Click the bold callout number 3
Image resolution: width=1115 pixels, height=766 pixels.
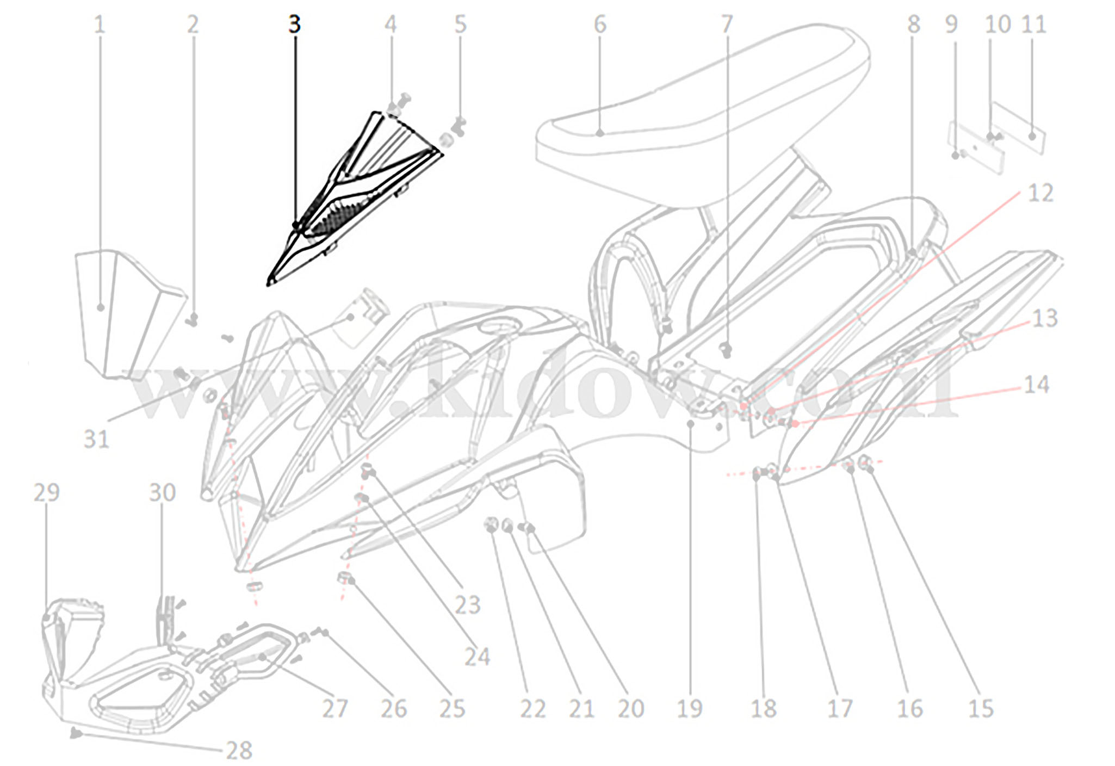pyautogui.click(x=294, y=24)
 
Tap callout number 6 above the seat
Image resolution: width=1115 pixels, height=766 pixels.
pyautogui.click(x=599, y=24)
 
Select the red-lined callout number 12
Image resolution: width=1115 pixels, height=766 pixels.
pyautogui.click(x=1040, y=193)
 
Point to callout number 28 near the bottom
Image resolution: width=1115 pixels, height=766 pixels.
pyautogui.click(x=239, y=751)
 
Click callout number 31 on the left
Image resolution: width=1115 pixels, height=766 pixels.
pyautogui.click(x=96, y=438)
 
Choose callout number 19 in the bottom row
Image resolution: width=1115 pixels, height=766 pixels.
pyautogui.click(x=690, y=708)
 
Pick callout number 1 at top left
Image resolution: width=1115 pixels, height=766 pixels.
pyautogui.click(x=99, y=24)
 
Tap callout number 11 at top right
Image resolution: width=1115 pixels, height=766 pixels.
pyautogui.click(x=1034, y=24)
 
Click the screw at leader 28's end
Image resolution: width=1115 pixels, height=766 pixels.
pyautogui.click(x=76, y=734)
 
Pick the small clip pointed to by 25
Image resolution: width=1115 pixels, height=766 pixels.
pyautogui.click(x=345, y=578)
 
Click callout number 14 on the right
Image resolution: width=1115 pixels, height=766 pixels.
pyautogui.click(x=1036, y=385)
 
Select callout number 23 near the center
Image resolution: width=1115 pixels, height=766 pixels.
pyautogui.click(x=468, y=605)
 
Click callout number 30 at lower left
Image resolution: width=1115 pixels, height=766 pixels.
pyautogui.click(x=162, y=492)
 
